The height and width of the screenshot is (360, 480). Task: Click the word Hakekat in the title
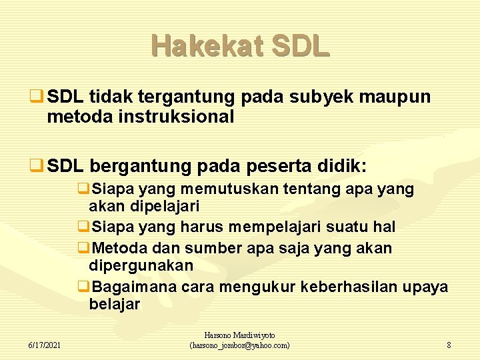[198, 46]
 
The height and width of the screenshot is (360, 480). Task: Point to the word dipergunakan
[141, 265]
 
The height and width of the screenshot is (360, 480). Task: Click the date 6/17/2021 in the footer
[45, 345]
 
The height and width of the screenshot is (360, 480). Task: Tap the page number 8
[449, 345]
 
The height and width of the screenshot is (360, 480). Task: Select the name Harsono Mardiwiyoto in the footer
[239, 335]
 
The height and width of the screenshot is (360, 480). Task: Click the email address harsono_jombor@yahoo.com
[240, 345]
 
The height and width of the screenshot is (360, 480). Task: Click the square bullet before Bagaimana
[83, 287]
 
